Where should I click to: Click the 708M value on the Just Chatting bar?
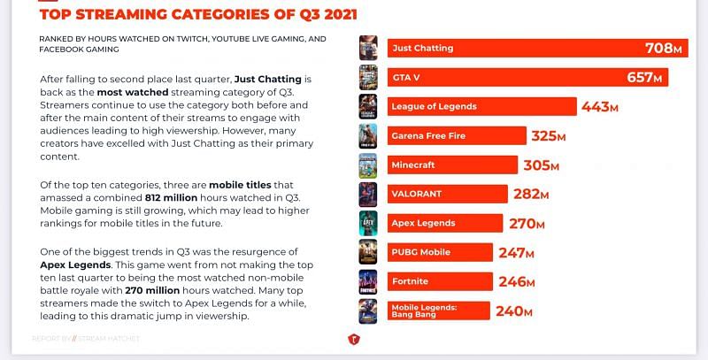pyautogui.click(x=664, y=48)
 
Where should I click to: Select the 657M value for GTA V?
pyautogui.click(x=644, y=78)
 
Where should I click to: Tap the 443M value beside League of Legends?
pyautogui.click(x=599, y=107)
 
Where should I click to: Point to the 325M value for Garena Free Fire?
pyautogui.click(x=549, y=136)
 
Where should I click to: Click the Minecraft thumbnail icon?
pyautogui.click(x=368, y=165)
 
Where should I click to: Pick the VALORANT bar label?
pyautogui.click(x=416, y=194)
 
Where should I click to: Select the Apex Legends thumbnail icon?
pyautogui.click(x=368, y=223)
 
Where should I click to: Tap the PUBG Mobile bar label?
pyautogui.click(x=421, y=252)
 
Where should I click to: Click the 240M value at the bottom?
pyautogui.click(x=513, y=310)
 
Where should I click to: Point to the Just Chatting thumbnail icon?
pyautogui.click(x=368, y=48)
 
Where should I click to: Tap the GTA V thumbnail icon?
pyautogui.click(x=368, y=78)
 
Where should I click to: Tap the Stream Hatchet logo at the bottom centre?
pyautogui.click(x=353, y=338)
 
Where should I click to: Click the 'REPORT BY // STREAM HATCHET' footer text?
pyautogui.click(x=71, y=338)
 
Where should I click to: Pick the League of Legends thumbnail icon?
pyautogui.click(x=368, y=107)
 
